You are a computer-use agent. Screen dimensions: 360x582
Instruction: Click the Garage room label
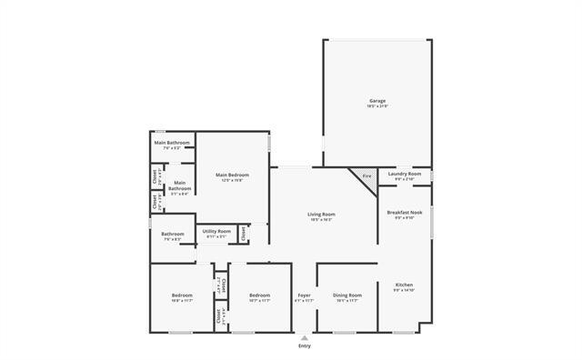(377, 100)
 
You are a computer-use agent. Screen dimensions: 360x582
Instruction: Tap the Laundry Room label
(404, 173)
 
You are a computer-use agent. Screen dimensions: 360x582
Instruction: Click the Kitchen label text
(404, 285)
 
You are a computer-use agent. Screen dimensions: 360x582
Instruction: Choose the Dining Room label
(347, 295)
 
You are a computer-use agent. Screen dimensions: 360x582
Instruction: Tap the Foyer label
(304, 295)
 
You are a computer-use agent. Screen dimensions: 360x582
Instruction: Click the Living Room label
(322, 214)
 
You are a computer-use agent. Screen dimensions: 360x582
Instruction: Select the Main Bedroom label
(232, 175)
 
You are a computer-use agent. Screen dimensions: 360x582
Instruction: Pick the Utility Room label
(216, 231)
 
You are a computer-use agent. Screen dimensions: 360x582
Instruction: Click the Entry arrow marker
(304, 337)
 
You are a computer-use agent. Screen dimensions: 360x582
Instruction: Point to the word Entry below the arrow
(304, 346)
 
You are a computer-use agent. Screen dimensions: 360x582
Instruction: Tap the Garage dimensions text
(377, 106)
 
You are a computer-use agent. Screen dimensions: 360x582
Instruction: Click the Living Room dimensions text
(322, 220)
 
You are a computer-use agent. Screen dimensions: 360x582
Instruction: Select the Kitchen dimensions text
(404, 291)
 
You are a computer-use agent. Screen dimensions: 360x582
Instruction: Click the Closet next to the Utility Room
(244, 234)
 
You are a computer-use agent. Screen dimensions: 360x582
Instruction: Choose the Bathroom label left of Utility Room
(173, 234)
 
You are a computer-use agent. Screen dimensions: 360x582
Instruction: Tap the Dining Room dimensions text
(347, 301)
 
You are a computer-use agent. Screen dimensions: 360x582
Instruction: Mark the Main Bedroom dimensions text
(232, 181)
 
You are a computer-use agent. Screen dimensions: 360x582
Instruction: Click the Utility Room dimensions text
(216, 237)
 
